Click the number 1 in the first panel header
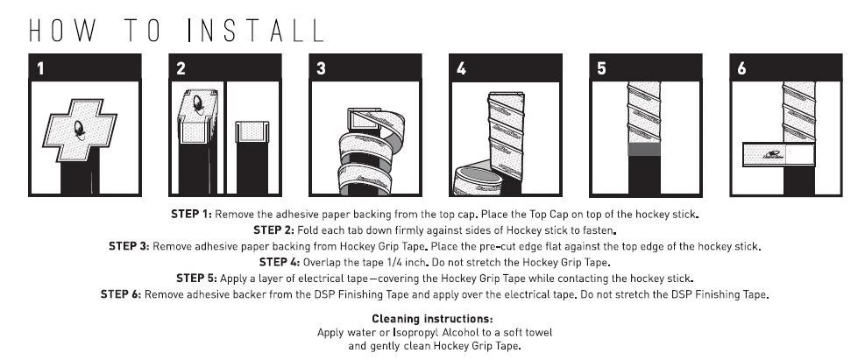pos(41,68)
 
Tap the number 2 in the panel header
pos(181,68)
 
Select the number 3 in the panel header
pos(321,68)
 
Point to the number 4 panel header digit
pos(462,68)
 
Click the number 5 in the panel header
pos(601,68)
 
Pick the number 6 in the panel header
pos(741,68)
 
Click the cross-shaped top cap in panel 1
pos(80,131)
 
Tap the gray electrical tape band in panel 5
pos(644,149)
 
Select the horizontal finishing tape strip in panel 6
pos(779,154)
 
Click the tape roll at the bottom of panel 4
pos(478,180)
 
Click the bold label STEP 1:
pos(191,214)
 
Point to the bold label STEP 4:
pos(280,262)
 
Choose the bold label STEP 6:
pos(121,294)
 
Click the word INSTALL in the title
pos(255,31)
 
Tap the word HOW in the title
pos(62,31)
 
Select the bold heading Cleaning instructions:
pos(433,319)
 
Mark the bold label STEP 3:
pos(129,246)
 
